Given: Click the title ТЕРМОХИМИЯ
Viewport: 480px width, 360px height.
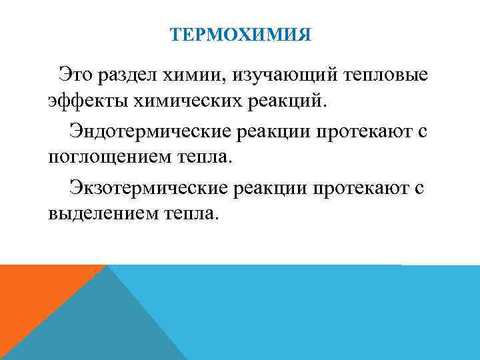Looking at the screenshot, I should (x=240, y=33).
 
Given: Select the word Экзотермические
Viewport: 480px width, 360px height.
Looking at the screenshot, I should (x=148, y=188).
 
